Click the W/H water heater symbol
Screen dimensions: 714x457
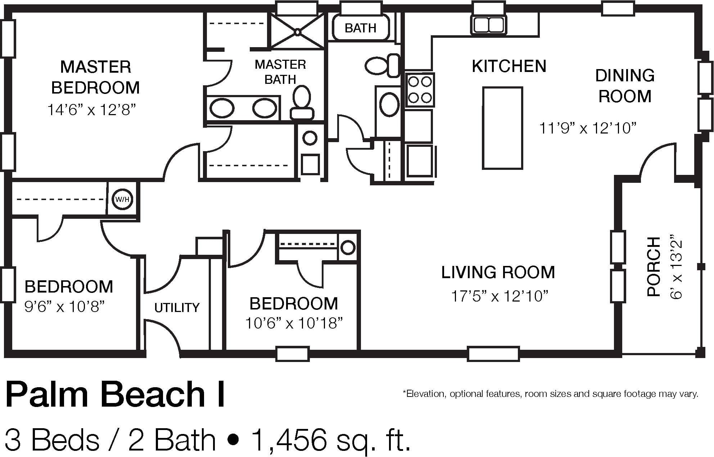(122, 199)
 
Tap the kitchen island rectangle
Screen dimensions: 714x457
(502, 128)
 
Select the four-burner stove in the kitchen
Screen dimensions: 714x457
(420, 90)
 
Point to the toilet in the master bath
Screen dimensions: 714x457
(302, 102)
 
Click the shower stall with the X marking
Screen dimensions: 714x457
(297, 32)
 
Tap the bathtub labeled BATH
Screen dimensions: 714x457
(361, 27)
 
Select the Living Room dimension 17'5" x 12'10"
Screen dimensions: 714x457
(500, 297)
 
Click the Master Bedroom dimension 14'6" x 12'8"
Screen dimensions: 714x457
(92, 109)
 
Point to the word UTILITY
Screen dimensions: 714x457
(177, 307)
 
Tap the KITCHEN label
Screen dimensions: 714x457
(509, 66)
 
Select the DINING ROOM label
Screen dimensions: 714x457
(625, 86)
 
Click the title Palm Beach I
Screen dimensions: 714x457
(115, 394)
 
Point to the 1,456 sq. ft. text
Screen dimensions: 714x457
(331, 440)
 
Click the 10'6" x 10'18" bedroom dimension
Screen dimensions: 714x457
(294, 323)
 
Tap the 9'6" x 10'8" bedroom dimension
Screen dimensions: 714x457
(65, 307)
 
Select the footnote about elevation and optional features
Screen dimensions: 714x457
(550, 394)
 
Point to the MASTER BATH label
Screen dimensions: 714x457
(280, 72)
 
